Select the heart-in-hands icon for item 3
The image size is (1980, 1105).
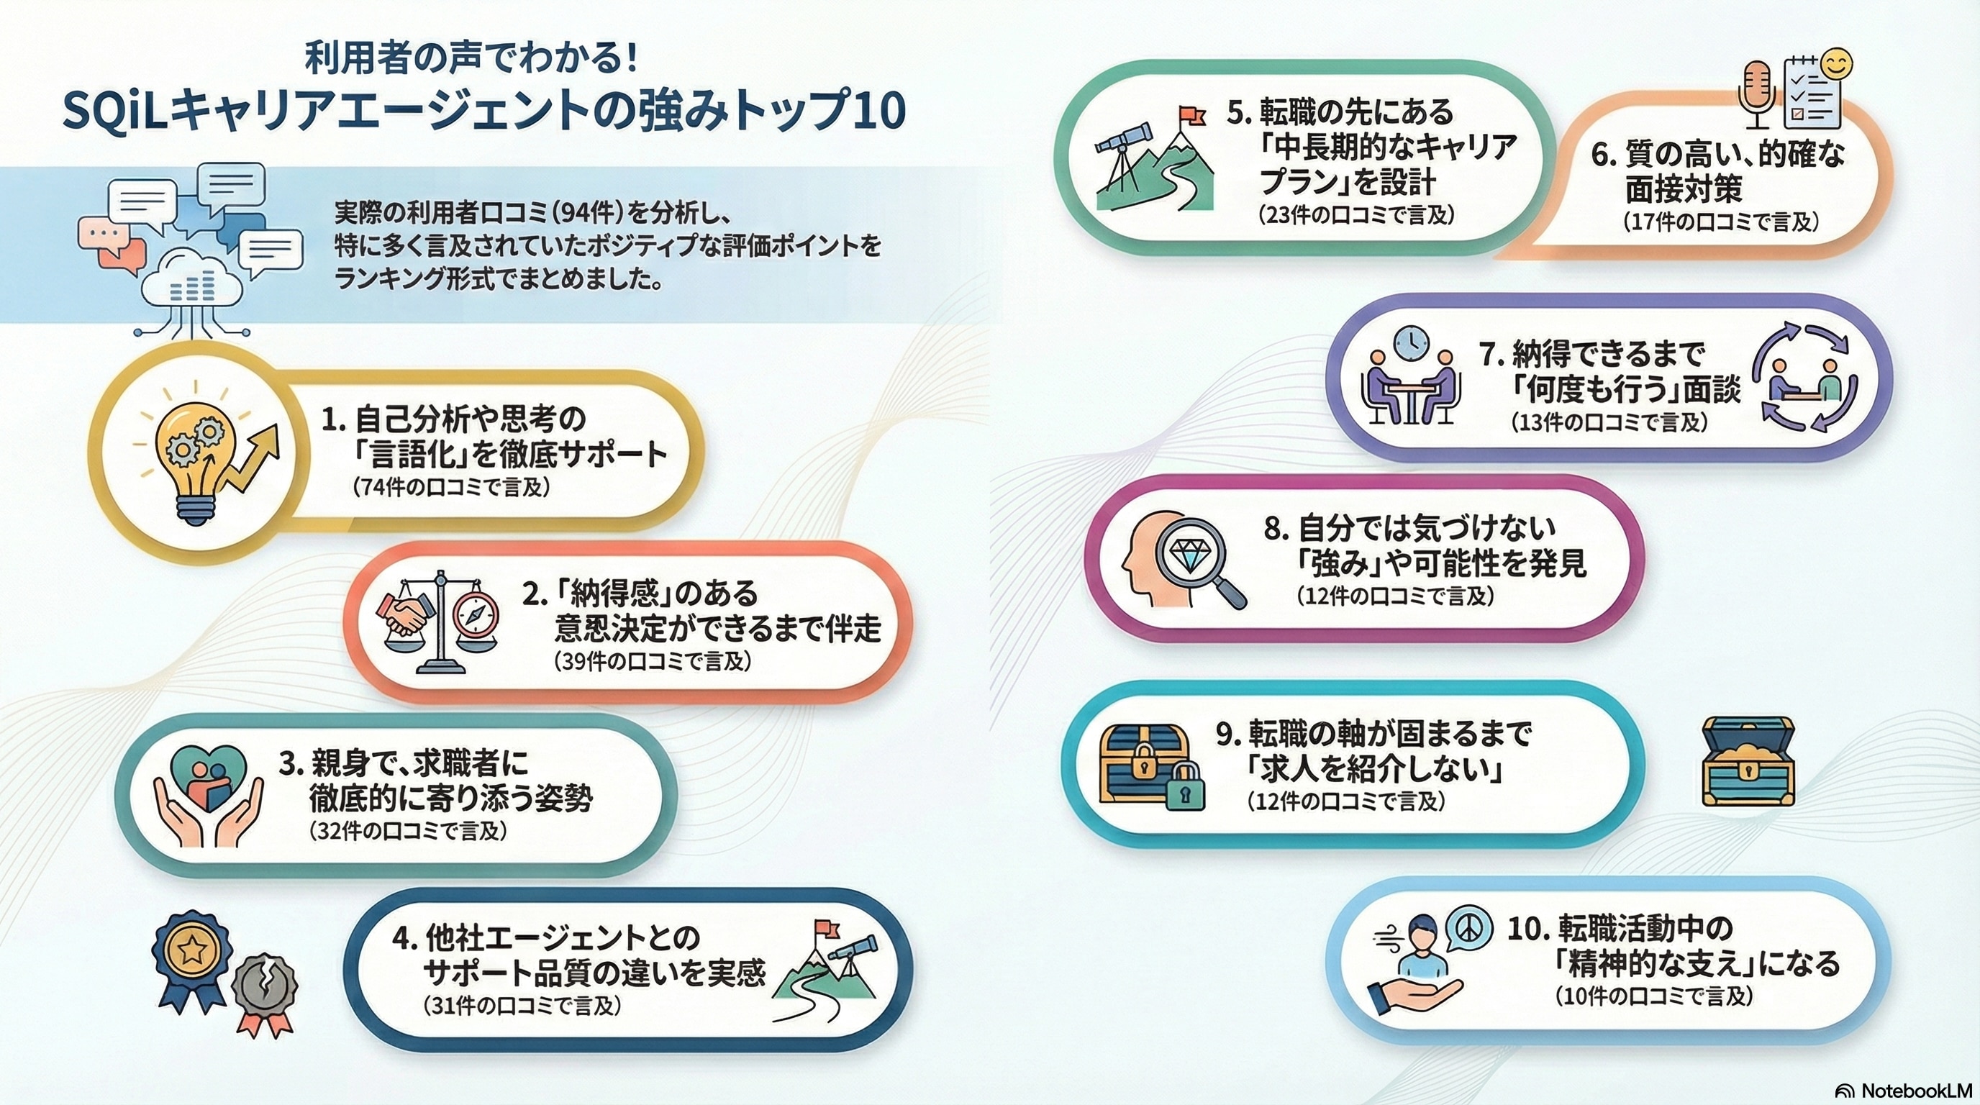click(207, 799)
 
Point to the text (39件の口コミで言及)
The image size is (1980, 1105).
click(651, 662)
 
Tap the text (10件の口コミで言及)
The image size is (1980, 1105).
click(1653, 996)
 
